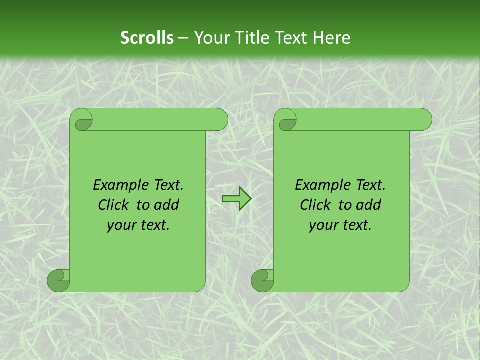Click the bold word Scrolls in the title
(x=147, y=37)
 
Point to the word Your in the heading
(x=211, y=37)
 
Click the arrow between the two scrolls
(x=236, y=199)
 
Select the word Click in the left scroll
(x=115, y=205)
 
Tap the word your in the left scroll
(x=122, y=225)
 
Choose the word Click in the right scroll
(x=317, y=205)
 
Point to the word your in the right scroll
(x=324, y=225)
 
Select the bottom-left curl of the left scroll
(x=58, y=281)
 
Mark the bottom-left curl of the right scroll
(x=262, y=281)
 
